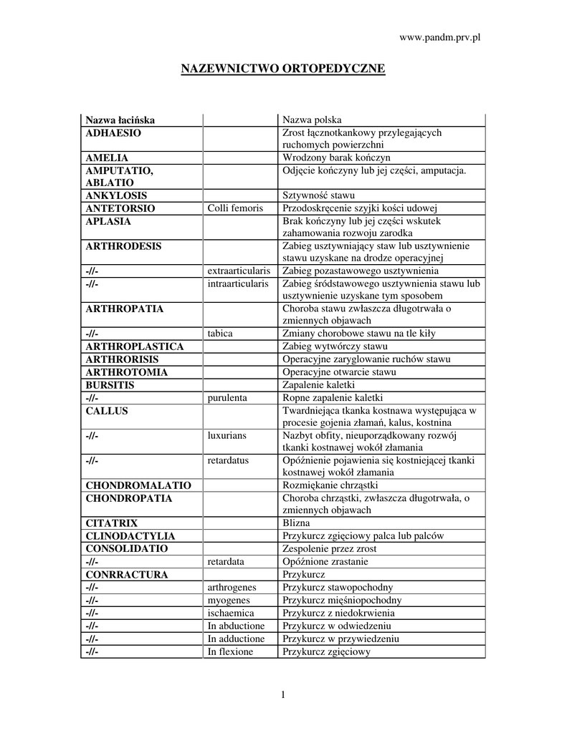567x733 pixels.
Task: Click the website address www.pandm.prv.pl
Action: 439,37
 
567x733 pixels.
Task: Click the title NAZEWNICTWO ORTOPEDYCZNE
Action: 282,69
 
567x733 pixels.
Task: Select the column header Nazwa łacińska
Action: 120,120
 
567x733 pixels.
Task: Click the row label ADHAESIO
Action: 114,132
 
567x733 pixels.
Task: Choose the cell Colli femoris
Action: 235,208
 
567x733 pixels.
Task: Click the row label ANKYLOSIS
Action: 116,195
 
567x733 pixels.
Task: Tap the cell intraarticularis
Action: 238,283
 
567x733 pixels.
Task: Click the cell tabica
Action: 220,334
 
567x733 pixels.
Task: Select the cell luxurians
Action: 227,435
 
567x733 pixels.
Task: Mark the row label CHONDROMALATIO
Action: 134,485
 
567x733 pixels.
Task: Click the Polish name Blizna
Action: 297,523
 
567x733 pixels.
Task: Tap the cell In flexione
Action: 231,651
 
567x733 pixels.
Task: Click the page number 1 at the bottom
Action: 283,694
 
